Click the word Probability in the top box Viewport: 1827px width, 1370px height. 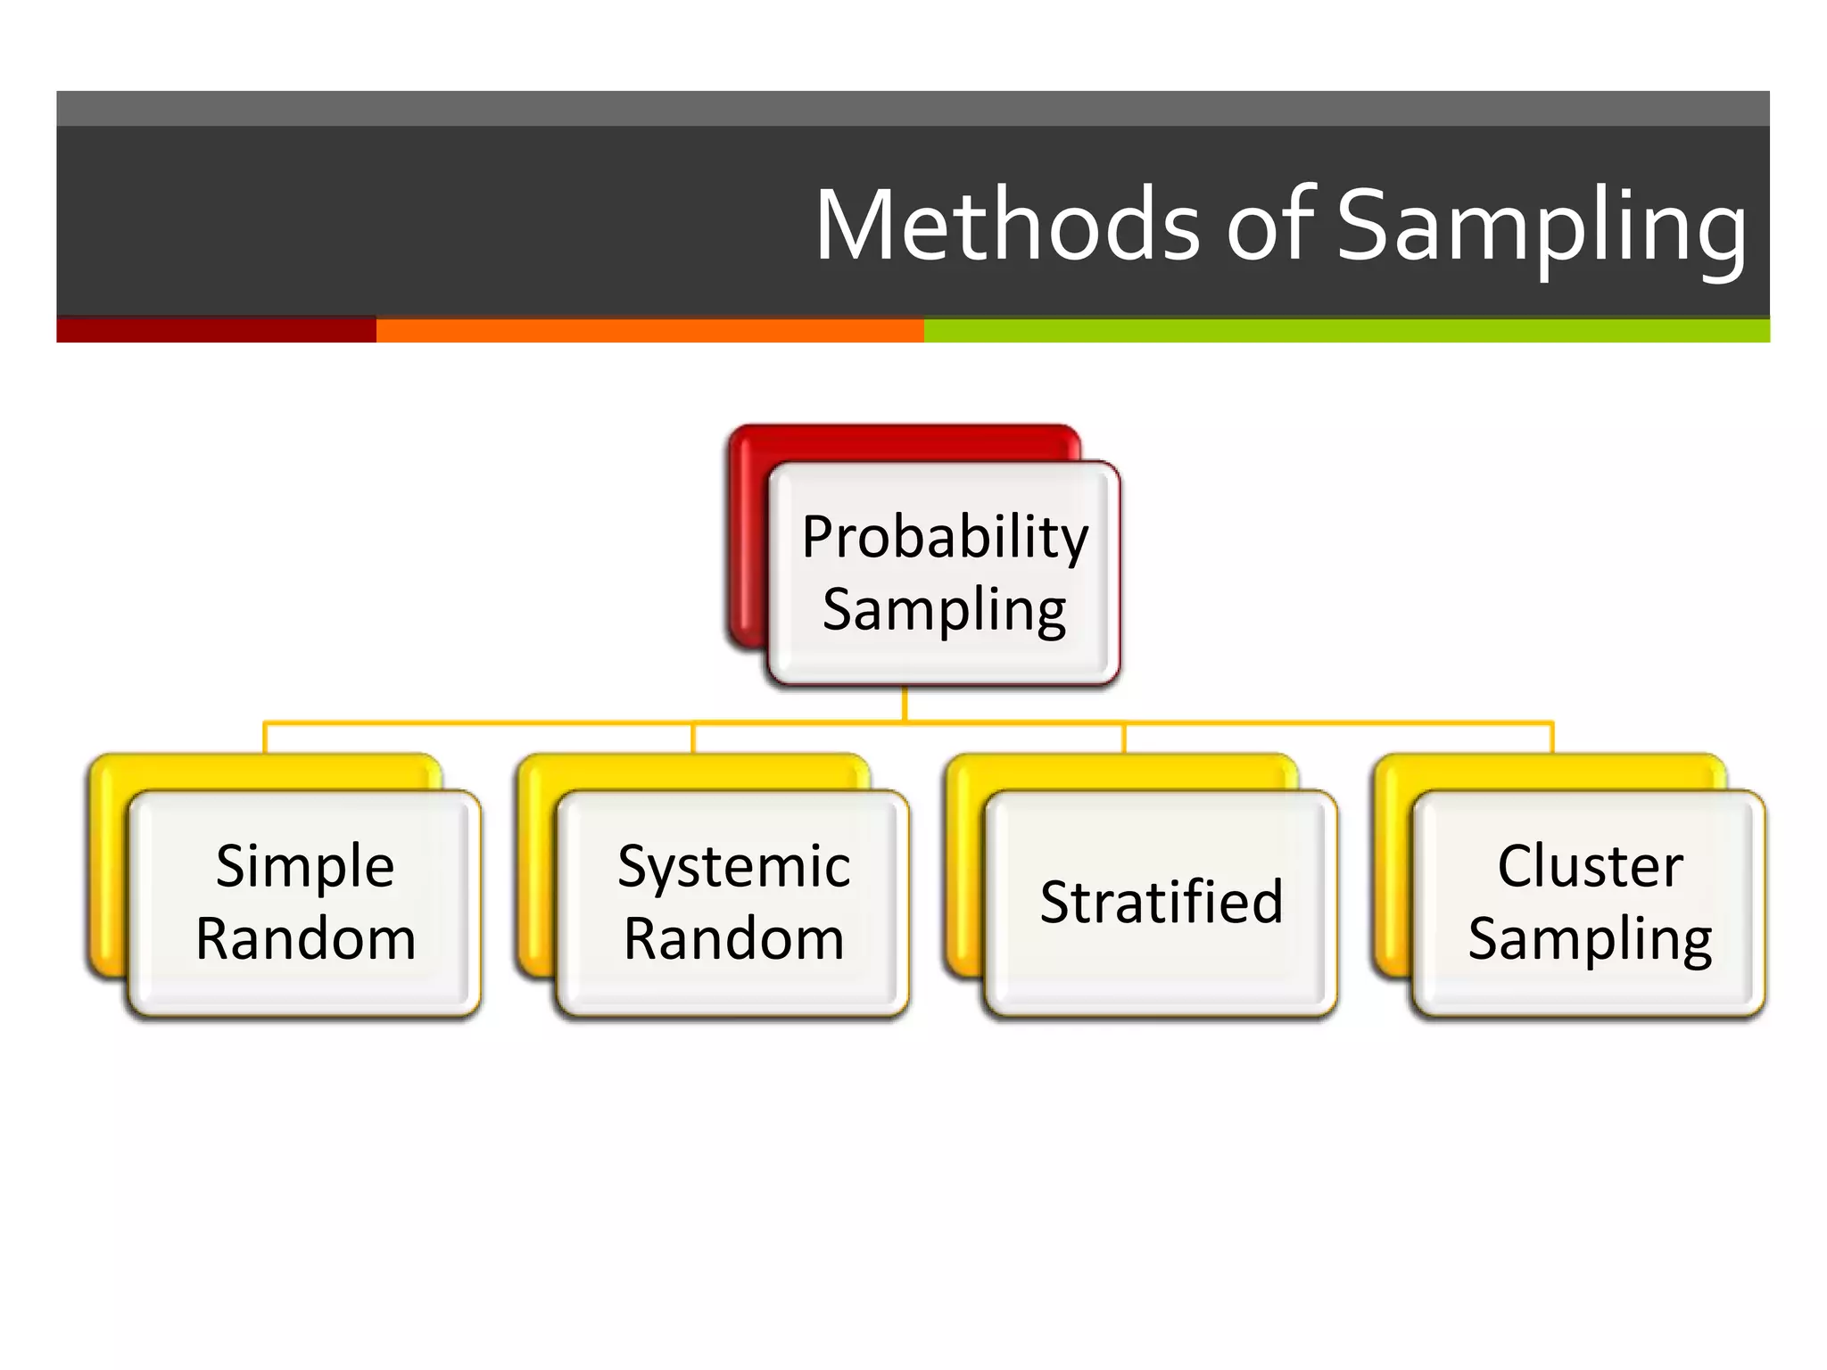pyautogui.click(x=945, y=538)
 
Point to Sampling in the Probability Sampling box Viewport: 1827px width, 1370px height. pyautogui.click(x=944, y=611)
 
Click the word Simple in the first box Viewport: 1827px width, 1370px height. pyautogui.click(x=305, y=866)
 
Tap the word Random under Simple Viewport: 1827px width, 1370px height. pyautogui.click(x=306, y=939)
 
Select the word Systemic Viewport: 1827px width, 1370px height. pyautogui.click(x=733, y=868)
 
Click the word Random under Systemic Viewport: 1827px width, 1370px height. pyautogui.click(x=733, y=939)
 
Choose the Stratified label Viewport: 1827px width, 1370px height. pyautogui.click(x=1162, y=902)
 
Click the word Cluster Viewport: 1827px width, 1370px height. pyautogui.click(x=1590, y=866)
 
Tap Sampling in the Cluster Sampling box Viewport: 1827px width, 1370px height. pyautogui.click(x=1590, y=940)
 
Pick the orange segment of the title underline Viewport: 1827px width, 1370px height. pyautogui.click(x=649, y=330)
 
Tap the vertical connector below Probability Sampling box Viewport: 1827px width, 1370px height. pyautogui.click(x=905, y=704)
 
